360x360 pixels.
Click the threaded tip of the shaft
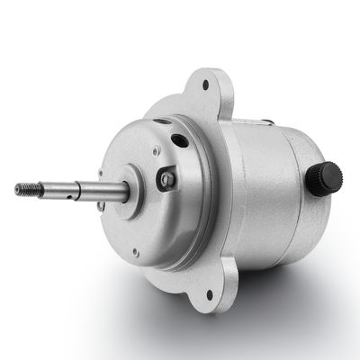24,188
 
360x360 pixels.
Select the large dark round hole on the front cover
181,140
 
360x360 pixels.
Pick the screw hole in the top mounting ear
205,86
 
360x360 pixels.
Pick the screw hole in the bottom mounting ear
210,293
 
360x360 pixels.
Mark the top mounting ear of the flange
206,90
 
